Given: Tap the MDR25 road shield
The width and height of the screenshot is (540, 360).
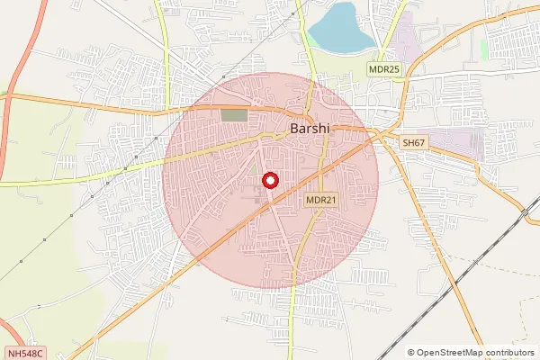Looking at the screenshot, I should pos(382,68).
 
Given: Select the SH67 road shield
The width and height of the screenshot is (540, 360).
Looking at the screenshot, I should pos(414,143).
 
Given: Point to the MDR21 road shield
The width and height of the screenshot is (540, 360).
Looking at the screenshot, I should pos(320,201).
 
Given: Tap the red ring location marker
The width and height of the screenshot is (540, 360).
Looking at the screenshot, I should pos(270,180).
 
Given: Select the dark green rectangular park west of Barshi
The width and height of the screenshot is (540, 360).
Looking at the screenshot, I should pos(233,115).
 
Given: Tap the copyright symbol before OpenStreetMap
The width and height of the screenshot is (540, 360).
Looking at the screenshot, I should pos(411,353).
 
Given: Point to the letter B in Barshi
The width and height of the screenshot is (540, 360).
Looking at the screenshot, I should pos(295,129).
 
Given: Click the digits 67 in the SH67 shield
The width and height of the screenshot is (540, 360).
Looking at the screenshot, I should pos(419,143).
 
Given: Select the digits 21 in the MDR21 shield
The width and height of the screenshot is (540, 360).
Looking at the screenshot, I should pos(329,201).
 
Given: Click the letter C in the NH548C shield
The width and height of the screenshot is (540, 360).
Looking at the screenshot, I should pos(40,354).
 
